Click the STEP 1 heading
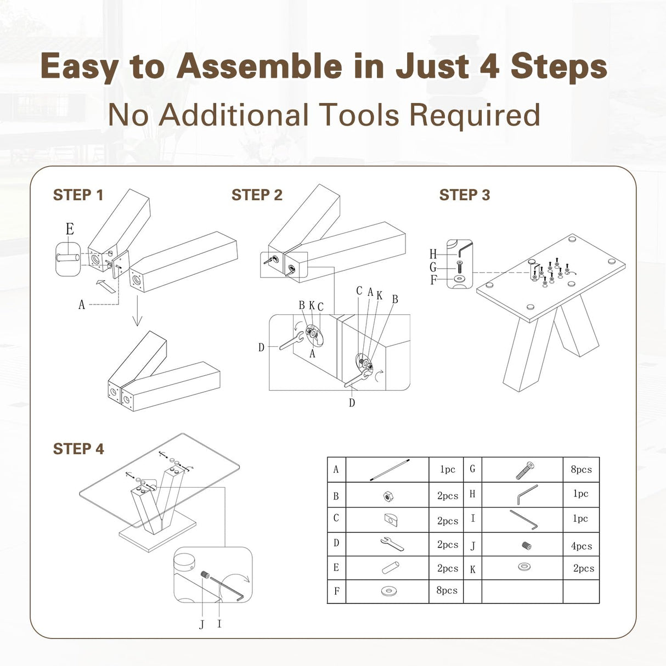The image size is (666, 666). (78, 195)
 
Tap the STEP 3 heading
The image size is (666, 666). (465, 195)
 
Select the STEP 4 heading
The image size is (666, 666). (78, 449)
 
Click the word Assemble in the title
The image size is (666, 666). (259, 66)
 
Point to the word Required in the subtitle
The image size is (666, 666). (475, 115)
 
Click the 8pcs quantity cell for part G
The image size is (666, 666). (582, 470)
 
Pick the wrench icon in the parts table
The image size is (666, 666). (392, 544)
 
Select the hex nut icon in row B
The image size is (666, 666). (388, 496)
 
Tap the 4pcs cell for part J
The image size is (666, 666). (582, 546)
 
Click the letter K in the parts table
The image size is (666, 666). (473, 569)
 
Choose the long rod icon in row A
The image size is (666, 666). (390, 470)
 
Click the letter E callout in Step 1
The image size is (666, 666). (70, 229)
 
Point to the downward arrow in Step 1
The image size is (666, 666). (137, 311)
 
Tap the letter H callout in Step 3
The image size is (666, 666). (433, 255)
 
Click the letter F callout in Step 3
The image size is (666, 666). (433, 280)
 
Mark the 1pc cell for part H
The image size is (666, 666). (580, 494)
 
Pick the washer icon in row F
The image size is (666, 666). (389, 591)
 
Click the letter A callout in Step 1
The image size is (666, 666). (82, 304)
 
